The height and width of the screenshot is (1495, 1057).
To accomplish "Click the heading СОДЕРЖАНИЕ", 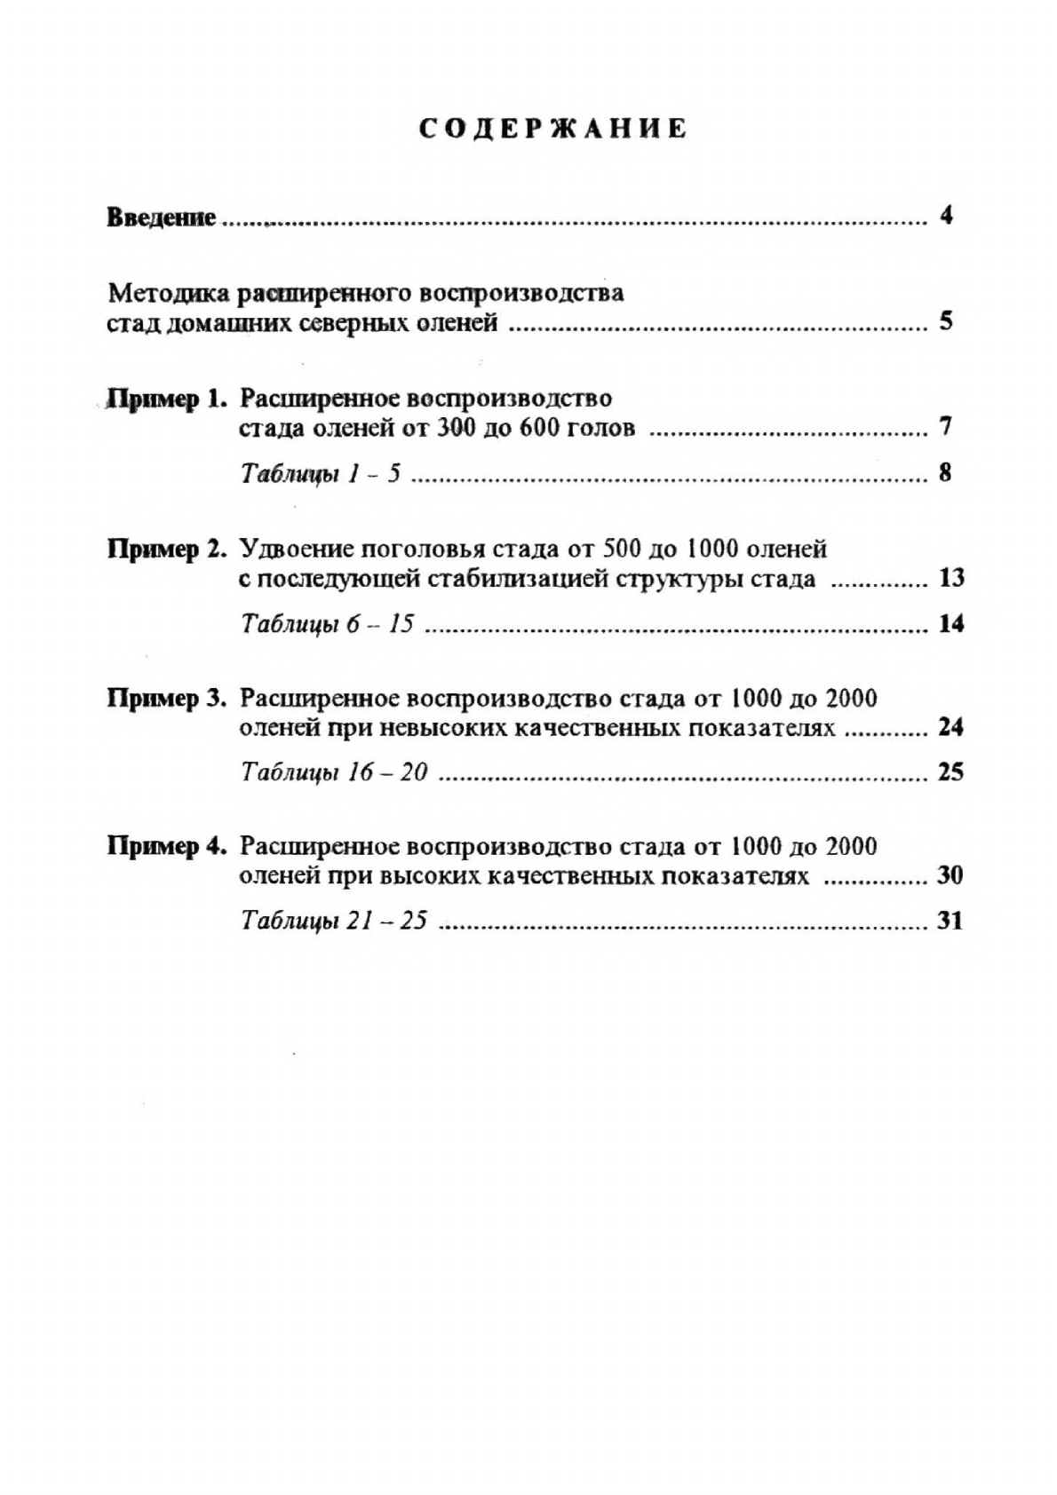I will pyautogui.click(x=552, y=129).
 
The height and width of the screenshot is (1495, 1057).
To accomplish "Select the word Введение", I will pyautogui.click(x=162, y=218).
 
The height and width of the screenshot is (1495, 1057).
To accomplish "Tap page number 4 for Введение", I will pyautogui.click(x=946, y=216).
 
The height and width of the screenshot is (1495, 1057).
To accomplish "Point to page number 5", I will pyautogui.click(x=946, y=320).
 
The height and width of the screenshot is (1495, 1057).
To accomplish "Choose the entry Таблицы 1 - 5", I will pyautogui.click(x=321, y=474).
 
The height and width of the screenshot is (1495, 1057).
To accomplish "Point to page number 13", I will pyautogui.click(x=950, y=579).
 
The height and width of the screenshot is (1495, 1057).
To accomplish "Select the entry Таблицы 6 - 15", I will pyautogui.click(x=328, y=624).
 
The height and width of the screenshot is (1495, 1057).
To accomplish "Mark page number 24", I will pyautogui.click(x=950, y=728).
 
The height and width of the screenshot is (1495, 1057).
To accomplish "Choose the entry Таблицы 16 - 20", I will pyautogui.click(x=334, y=772).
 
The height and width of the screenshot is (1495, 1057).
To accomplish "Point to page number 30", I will pyautogui.click(x=950, y=876).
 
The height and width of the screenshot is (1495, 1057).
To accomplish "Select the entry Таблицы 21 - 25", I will pyautogui.click(x=334, y=921).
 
